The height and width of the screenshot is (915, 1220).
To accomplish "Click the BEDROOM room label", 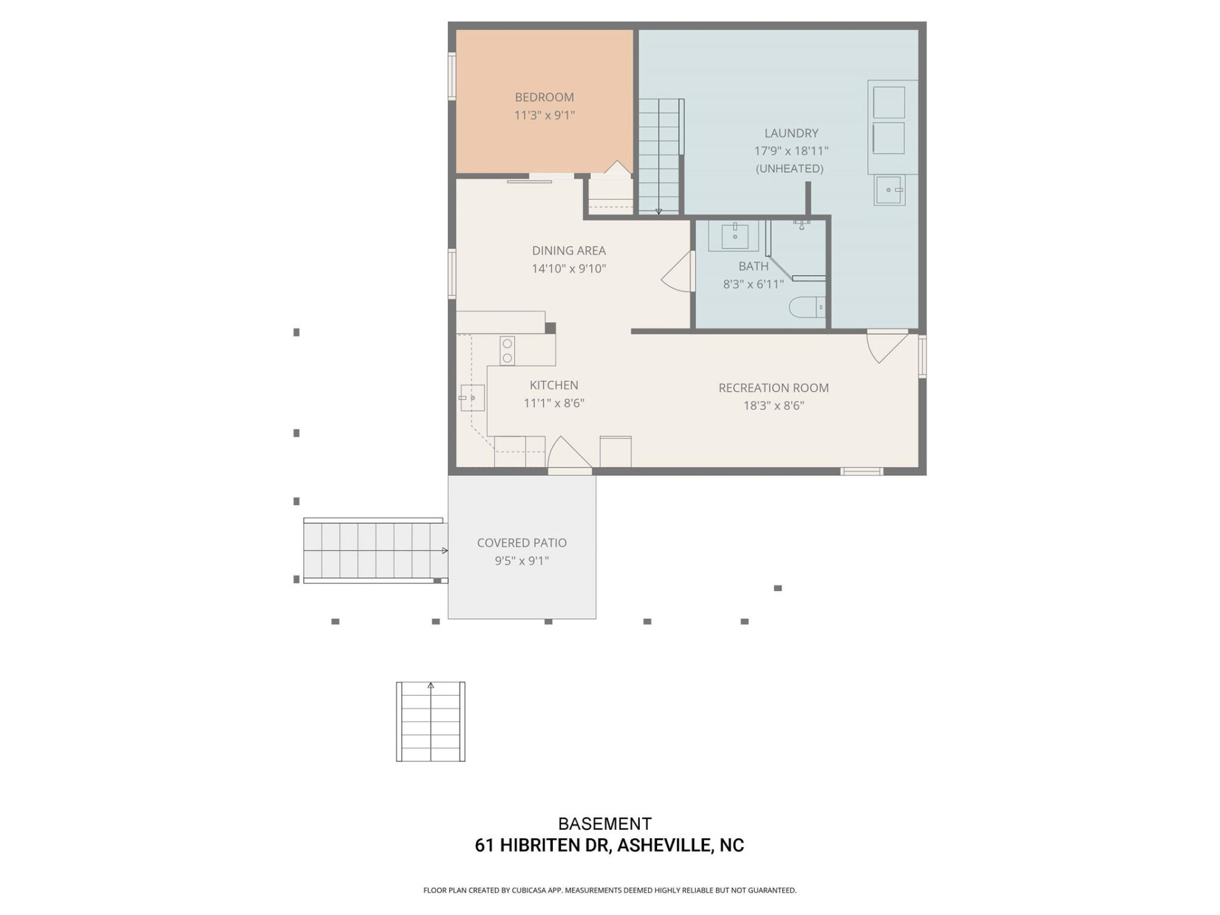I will coord(544,97).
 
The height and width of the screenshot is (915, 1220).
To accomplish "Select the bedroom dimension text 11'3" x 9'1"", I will coord(544,115).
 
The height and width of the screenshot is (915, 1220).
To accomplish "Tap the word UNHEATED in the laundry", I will coord(789,168).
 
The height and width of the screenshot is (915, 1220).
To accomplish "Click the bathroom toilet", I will coord(806,308).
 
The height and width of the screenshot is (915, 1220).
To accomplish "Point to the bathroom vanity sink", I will coord(735,236).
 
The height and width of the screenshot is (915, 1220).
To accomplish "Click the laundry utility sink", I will coord(889,190).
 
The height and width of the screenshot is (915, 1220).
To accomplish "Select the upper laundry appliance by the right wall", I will coord(888,102).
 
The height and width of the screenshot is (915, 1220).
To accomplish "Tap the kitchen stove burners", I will coord(507,351).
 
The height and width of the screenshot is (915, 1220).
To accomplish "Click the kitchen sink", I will coord(472,398).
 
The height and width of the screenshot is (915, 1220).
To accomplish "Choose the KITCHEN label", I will coord(553,385).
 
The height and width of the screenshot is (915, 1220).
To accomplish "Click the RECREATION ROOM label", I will coord(773,388).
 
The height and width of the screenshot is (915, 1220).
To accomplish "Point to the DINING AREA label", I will coord(569,250).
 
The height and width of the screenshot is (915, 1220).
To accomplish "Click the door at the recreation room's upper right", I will coord(886,346).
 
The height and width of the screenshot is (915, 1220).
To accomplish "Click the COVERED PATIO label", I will coord(522,543).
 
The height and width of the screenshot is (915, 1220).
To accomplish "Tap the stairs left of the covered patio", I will coord(375,550).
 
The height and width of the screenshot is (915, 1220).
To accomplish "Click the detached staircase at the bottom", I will coord(431,722).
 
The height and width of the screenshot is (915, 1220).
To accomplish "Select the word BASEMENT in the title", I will coord(604,823).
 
